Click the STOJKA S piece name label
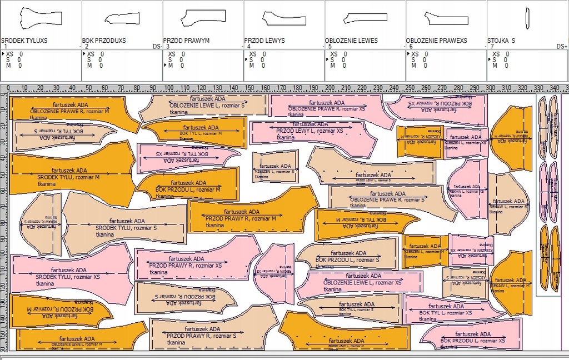tap(501, 41)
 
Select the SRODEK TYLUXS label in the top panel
tap(24, 41)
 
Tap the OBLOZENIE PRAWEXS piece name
tap(436, 41)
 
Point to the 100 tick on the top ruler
tap(171, 88)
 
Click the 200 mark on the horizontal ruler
tap(330, 88)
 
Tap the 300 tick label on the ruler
tap(491, 88)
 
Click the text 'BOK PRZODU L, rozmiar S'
tap(347, 259)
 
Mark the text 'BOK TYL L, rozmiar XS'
tap(446, 313)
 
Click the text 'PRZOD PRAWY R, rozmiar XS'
tap(185, 266)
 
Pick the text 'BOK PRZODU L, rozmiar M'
tap(188, 189)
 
